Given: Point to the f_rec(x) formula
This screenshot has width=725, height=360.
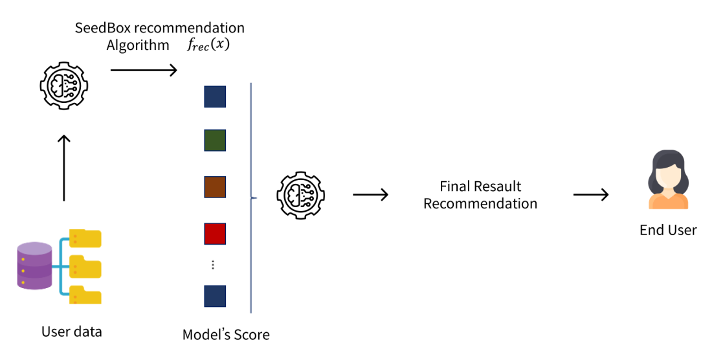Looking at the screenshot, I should (208, 46).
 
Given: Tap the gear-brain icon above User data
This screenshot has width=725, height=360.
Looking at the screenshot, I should (63, 88).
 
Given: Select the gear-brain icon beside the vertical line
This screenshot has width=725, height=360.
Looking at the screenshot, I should (300, 195).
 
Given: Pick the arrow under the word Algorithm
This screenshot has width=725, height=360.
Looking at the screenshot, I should (144, 70).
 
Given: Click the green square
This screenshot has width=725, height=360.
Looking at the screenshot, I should (215, 141).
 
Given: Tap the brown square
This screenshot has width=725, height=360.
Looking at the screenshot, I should (215, 186).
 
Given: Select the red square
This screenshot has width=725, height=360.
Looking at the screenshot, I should (215, 232).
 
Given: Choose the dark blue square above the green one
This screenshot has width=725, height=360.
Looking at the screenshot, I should (215, 96).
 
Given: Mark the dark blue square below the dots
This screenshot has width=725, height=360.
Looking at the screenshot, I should (215, 296).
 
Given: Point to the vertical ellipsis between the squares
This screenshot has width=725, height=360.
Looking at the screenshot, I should (213, 265).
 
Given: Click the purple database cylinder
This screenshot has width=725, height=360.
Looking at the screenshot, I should (35, 265).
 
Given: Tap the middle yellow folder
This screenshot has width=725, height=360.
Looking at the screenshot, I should (85, 266).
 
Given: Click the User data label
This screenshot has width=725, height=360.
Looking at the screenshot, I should (72, 332).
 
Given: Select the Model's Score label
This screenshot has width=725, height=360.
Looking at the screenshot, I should (226, 335).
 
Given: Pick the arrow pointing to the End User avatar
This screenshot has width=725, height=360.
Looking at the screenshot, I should (590, 195).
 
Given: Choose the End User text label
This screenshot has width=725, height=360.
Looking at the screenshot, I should (668, 230).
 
